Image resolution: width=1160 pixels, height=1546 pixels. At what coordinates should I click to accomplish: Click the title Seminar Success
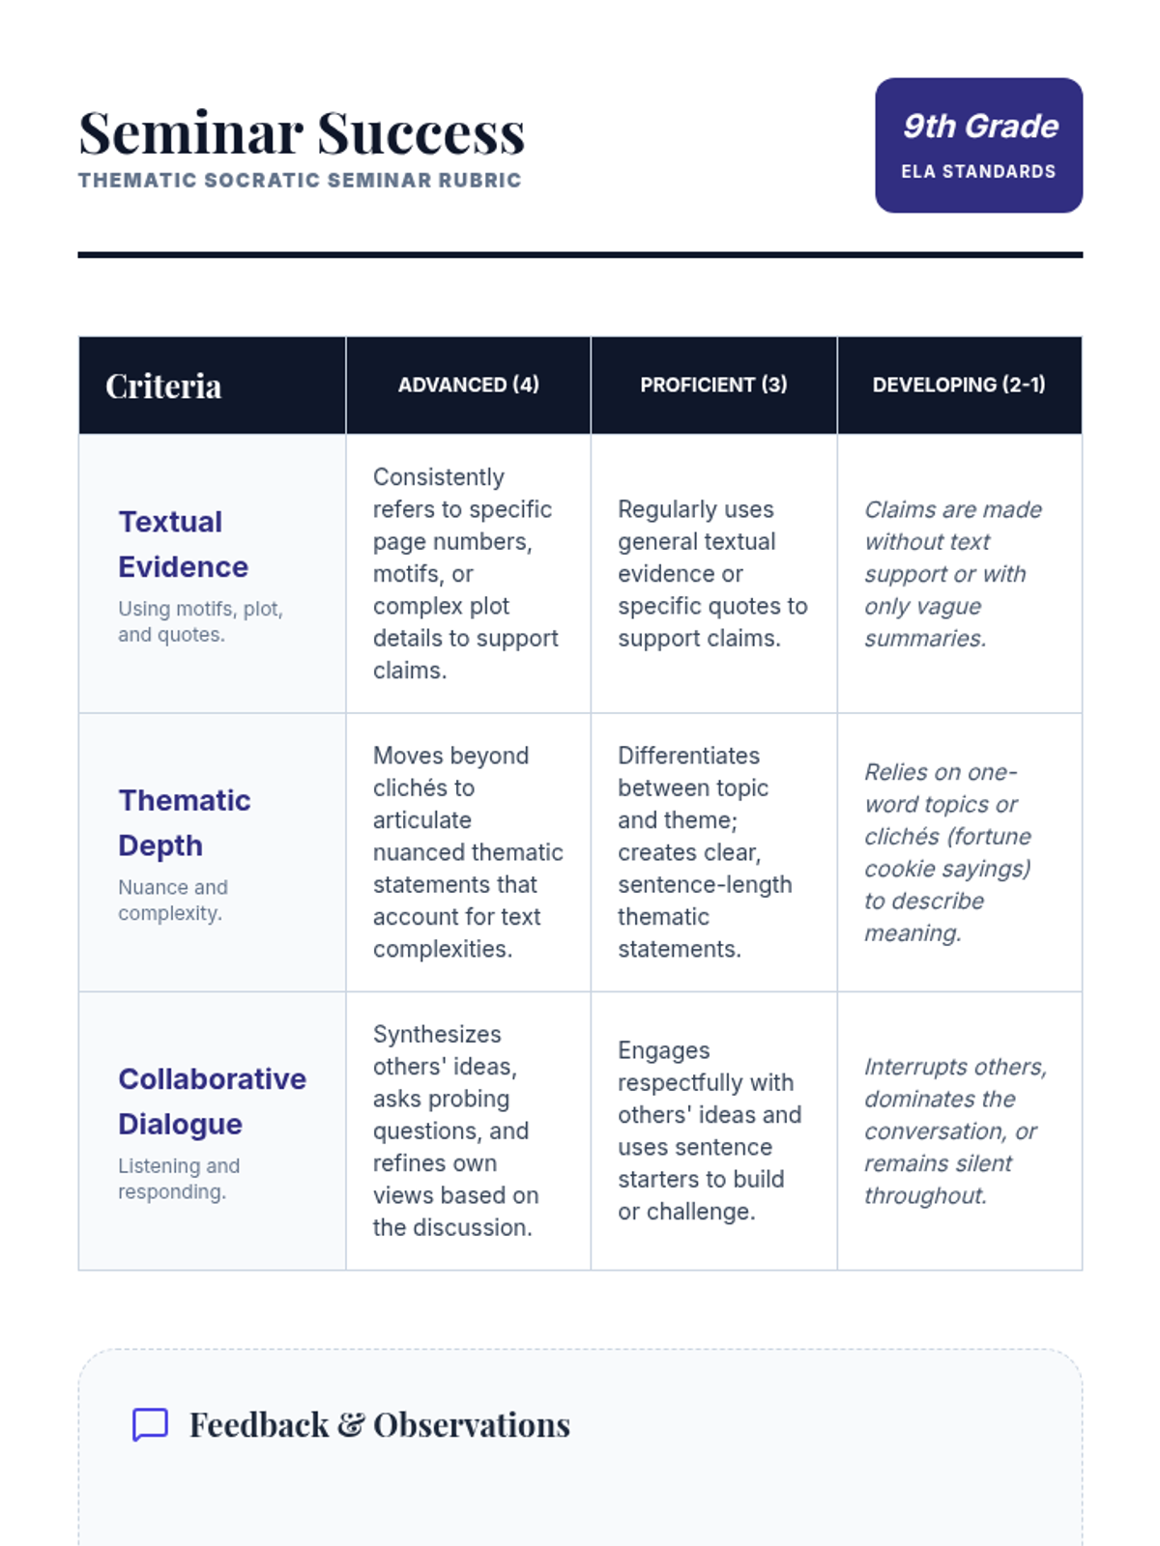[302, 133]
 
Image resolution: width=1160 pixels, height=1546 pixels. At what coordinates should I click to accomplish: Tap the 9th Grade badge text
[980, 127]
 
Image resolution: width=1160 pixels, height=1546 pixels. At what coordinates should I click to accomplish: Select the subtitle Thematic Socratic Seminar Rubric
[300, 181]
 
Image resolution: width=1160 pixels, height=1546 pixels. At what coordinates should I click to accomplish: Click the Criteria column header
[163, 386]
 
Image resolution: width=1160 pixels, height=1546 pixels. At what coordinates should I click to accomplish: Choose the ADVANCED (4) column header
[469, 385]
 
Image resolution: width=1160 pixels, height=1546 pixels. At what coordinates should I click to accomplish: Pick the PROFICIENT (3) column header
[713, 385]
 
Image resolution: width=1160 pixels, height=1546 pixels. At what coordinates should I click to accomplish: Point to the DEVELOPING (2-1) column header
[959, 385]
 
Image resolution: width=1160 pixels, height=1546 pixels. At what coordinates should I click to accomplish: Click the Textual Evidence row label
[183, 544]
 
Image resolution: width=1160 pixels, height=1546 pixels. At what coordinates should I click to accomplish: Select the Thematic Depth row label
[184, 822]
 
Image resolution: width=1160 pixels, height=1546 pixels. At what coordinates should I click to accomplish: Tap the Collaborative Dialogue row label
[212, 1101]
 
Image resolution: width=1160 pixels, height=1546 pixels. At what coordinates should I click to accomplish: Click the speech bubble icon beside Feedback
[150, 1424]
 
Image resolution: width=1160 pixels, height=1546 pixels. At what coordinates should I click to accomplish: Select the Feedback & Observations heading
[380, 1425]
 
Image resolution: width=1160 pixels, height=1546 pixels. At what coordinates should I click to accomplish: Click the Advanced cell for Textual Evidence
[467, 574]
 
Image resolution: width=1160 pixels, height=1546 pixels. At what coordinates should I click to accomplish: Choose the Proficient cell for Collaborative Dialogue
[710, 1131]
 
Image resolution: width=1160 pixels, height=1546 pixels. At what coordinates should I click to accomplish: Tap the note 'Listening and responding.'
[179, 1179]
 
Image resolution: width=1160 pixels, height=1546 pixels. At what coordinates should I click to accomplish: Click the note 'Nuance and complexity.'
[173, 900]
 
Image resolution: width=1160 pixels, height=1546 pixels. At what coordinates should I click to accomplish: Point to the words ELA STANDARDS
[978, 172]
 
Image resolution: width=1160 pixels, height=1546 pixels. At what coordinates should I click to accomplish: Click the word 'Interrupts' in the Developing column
[913, 1067]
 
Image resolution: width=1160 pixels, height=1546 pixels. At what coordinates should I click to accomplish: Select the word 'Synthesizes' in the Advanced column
[437, 1034]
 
